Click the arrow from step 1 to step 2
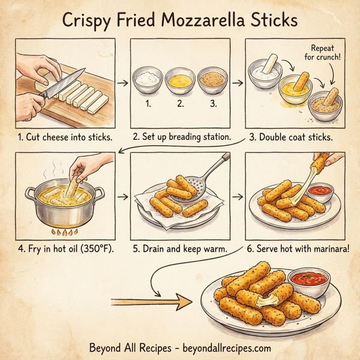tap(122, 82)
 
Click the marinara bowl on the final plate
tap(309, 280)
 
